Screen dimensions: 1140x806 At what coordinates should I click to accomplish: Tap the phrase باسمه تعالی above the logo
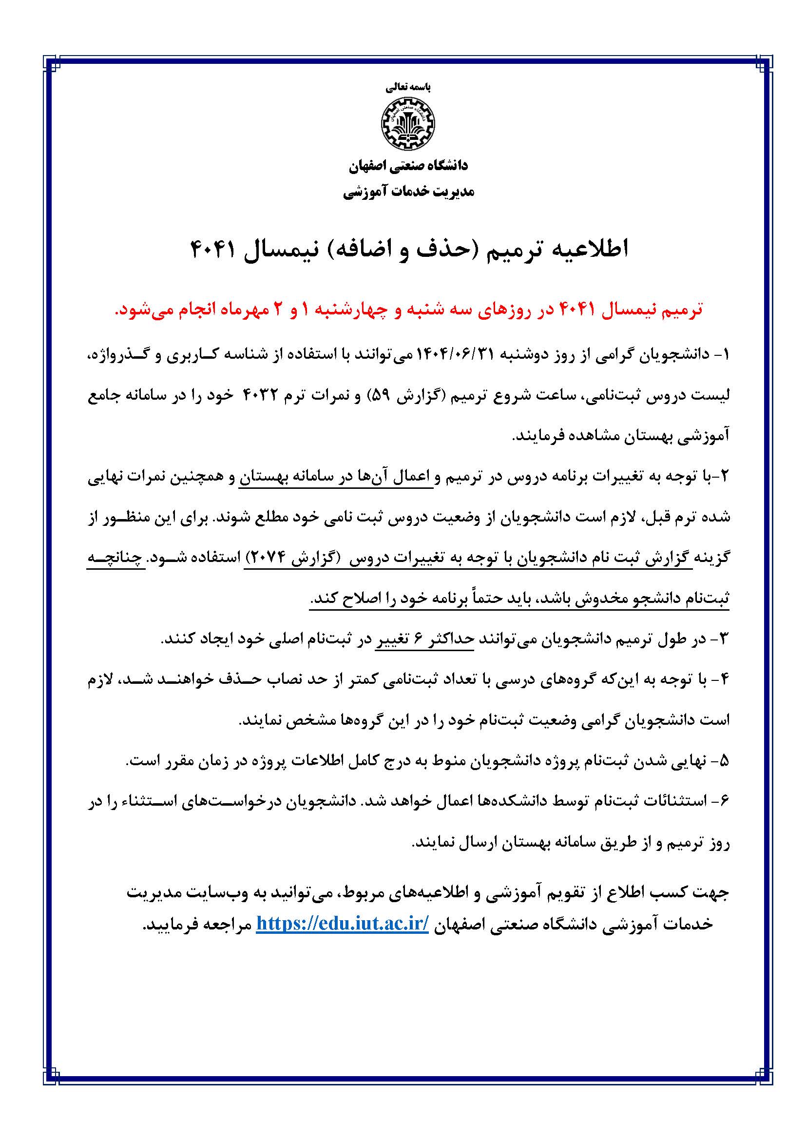[x=408, y=87]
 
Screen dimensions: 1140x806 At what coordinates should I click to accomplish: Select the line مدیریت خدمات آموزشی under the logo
[x=408, y=192]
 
